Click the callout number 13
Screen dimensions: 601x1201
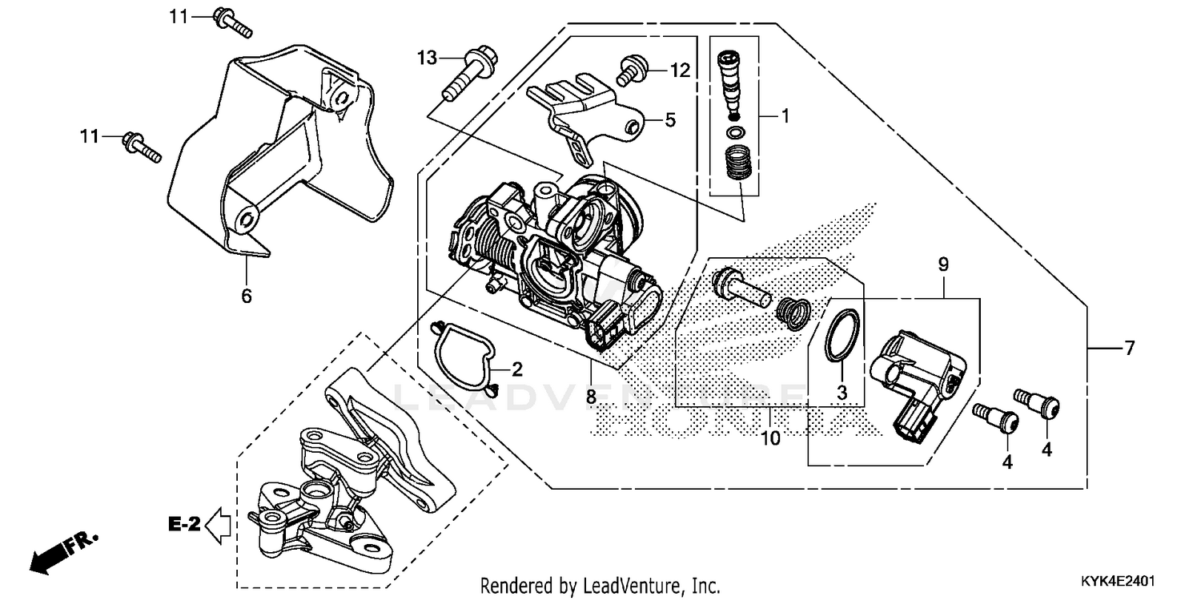[x=428, y=57]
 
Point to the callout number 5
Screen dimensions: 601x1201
[x=670, y=120]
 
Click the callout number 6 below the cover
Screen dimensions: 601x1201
[x=247, y=296]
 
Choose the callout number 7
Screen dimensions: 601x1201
[x=1129, y=348]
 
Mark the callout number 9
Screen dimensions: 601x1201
[x=943, y=264]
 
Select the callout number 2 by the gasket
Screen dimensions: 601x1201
[x=516, y=369]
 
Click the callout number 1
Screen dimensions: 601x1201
[x=785, y=116]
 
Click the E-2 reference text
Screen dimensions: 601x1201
[x=183, y=525]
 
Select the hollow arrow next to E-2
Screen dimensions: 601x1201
[x=218, y=526]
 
